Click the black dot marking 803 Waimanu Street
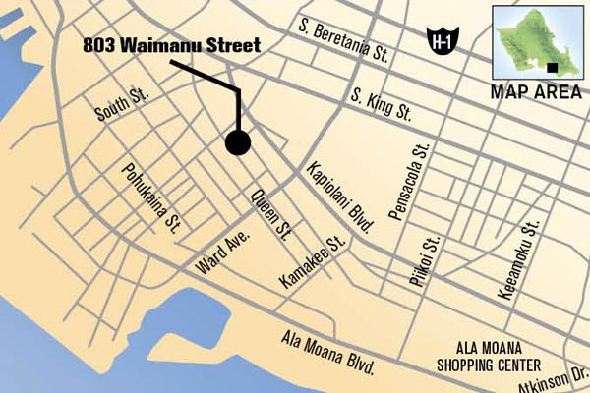(x=238, y=143)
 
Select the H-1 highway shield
(x=442, y=39)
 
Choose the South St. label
(x=121, y=106)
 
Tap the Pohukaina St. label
(x=149, y=195)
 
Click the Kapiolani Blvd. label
(x=339, y=196)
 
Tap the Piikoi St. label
(x=426, y=260)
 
